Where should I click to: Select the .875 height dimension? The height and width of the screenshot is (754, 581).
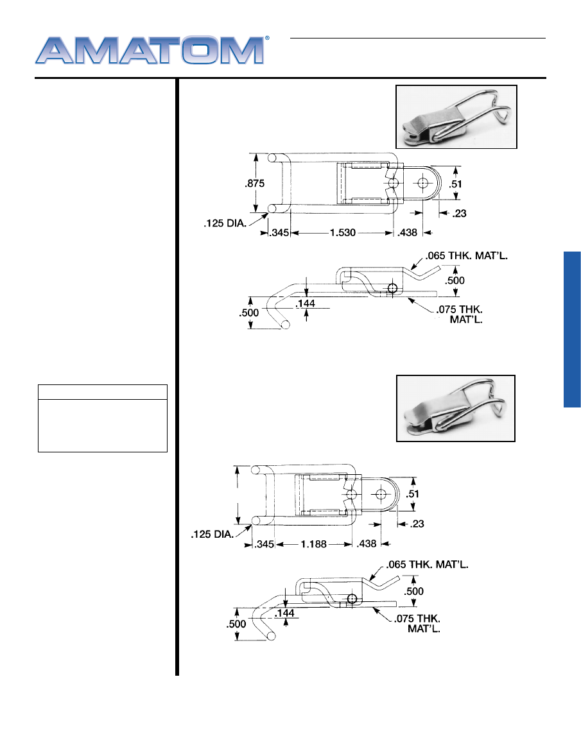[254, 184]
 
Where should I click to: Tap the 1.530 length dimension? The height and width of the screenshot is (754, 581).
[342, 233]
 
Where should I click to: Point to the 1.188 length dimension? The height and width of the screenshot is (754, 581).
[313, 544]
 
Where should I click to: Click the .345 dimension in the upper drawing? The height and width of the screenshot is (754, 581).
[279, 233]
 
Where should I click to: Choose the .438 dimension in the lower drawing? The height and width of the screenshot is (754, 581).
[367, 544]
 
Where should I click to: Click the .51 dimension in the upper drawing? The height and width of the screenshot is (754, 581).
[455, 184]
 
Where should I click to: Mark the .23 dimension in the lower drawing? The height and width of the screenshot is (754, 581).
[417, 524]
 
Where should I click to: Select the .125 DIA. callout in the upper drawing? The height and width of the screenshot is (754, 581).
[225, 223]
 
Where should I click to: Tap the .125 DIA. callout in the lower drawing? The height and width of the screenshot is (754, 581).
[212, 535]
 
